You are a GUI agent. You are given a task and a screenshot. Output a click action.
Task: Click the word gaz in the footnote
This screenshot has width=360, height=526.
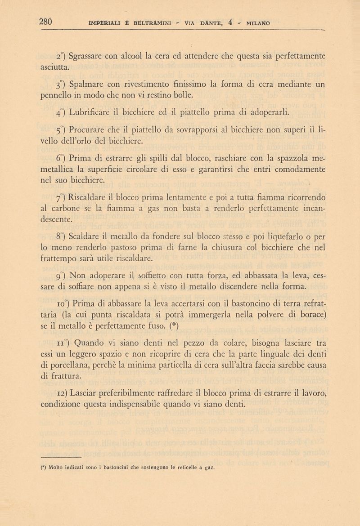(x=207, y=467)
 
